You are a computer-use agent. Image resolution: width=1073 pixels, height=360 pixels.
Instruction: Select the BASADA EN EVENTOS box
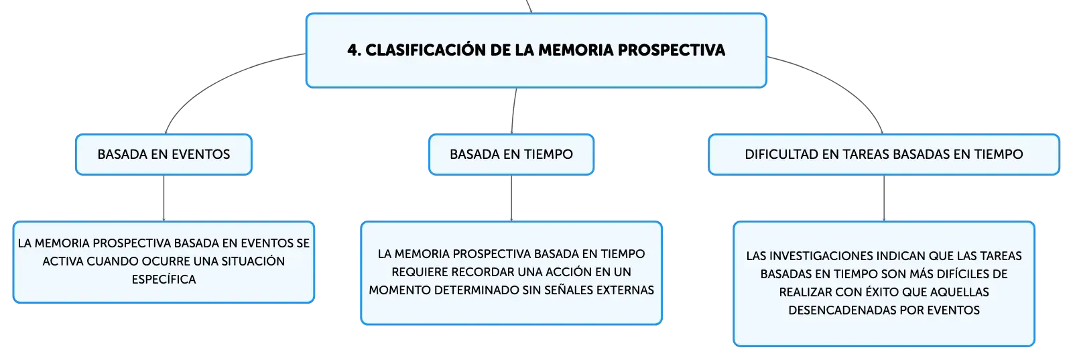point(164,154)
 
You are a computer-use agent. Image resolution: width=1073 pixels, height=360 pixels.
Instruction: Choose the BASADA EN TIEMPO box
point(511,154)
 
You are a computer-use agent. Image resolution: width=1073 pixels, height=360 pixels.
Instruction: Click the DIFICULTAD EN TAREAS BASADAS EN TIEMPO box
point(884,154)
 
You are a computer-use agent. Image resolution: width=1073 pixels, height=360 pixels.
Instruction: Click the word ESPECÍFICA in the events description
point(164,279)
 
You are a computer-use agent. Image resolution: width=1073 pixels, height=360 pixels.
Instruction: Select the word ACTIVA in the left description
point(63,261)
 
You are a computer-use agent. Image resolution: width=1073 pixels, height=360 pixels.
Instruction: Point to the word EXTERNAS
point(625,290)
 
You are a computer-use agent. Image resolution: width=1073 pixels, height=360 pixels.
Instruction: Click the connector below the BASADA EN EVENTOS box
point(164,198)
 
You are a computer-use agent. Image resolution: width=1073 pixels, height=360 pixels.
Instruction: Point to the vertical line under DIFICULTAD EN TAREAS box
point(884,198)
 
